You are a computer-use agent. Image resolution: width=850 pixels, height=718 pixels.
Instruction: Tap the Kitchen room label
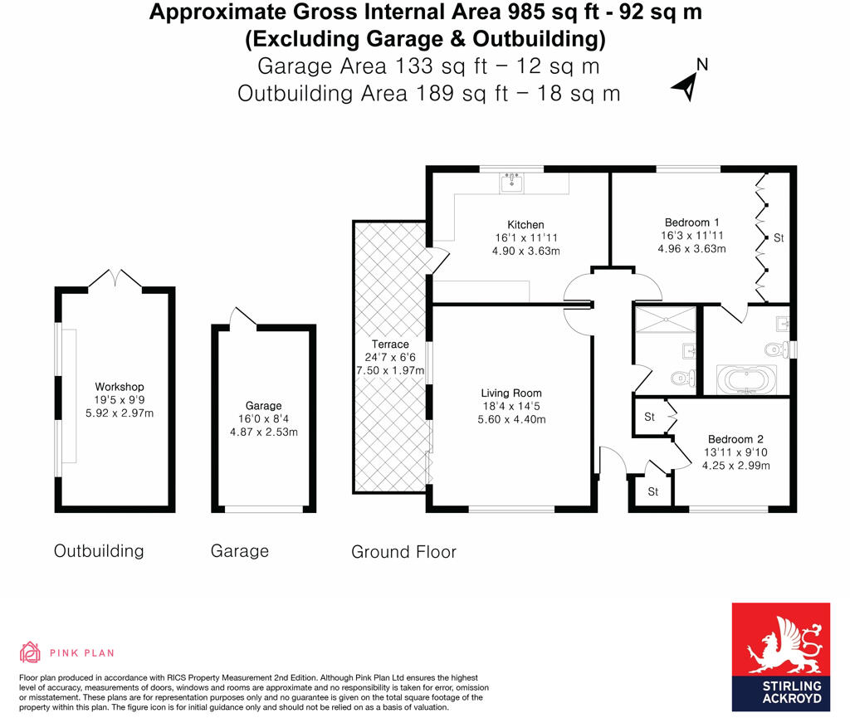[525, 225]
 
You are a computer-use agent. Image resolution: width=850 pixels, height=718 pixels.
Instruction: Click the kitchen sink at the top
[511, 182]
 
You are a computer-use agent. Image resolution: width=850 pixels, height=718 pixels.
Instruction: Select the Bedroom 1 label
[691, 222]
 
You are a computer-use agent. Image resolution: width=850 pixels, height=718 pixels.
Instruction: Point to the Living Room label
[511, 393]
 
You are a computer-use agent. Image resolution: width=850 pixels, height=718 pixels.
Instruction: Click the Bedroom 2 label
[735, 439]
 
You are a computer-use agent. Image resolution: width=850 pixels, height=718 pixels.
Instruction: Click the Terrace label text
[390, 344]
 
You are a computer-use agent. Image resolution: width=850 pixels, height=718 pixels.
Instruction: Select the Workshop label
[120, 387]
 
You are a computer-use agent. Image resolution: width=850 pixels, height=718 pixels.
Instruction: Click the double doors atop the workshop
[115, 279]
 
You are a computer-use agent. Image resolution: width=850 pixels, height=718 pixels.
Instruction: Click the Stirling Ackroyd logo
[780, 657]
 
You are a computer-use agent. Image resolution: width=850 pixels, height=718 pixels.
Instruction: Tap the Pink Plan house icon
[31, 652]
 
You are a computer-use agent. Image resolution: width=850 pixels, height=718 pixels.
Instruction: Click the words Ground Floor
[403, 551]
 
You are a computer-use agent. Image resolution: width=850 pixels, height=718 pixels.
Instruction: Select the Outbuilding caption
[99, 550]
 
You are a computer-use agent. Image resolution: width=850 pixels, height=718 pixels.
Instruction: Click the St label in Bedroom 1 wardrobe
[779, 238]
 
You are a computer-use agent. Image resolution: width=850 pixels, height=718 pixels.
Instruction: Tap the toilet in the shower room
[681, 378]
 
